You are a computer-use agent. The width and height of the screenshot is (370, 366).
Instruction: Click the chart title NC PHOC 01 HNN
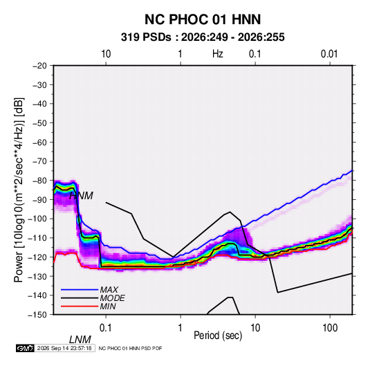[x=203, y=19]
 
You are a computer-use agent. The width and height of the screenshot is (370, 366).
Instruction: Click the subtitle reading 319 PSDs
[x=146, y=37]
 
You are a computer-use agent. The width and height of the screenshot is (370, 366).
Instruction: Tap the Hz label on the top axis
[x=218, y=54]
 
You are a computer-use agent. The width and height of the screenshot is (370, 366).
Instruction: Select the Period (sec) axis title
[x=218, y=335]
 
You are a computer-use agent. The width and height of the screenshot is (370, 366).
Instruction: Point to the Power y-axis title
[x=19, y=190]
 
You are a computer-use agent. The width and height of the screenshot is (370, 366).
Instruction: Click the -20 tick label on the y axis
[x=39, y=66]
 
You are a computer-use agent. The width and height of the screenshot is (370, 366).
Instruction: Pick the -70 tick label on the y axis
[x=39, y=161]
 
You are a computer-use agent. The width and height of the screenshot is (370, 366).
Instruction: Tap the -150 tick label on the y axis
[x=37, y=315]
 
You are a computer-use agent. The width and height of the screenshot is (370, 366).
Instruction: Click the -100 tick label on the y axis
[x=37, y=219]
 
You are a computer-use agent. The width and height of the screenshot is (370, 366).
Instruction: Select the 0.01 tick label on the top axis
[x=329, y=54]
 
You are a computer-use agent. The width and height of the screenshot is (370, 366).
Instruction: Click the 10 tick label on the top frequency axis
[x=106, y=54]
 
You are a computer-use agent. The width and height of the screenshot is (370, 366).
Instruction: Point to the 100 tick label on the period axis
[x=330, y=327]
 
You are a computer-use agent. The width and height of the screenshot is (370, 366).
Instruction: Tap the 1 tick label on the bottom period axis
[x=181, y=327]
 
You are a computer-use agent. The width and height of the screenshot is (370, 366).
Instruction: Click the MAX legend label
[x=109, y=289]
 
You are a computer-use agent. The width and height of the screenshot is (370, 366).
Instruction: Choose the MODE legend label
[x=112, y=298]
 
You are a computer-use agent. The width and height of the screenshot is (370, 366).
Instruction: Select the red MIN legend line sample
[x=80, y=306]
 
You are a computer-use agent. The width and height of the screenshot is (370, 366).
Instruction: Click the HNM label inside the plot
[x=81, y=196]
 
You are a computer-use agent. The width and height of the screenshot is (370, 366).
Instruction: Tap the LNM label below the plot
[x=80, y=340]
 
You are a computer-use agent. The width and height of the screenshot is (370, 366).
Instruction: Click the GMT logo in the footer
[x=26, y=348]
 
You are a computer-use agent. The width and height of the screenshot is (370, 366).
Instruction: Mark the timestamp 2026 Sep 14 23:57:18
[x=64, y=348]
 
